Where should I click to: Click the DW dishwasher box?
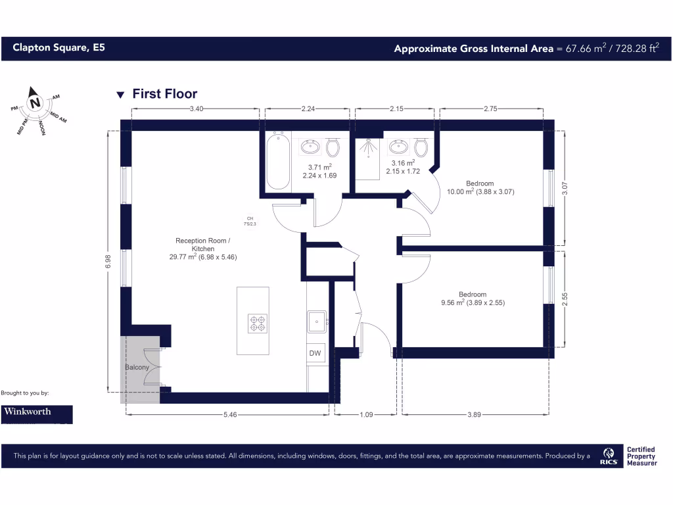pos(315,353)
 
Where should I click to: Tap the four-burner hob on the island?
pos(256,323)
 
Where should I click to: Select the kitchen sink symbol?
pos(317,322)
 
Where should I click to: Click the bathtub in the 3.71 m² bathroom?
pos(278,160)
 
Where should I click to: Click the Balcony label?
pos(137,367)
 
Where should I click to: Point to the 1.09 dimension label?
pos(365,415)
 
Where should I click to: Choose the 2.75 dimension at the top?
pos(490,110)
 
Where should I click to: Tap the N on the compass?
pos(35,103)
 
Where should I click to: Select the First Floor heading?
pos(164,94)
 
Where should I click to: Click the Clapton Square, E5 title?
pos(58,48)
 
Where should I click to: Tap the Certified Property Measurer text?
pos(641,456)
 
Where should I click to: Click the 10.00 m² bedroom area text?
pos(479,192)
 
